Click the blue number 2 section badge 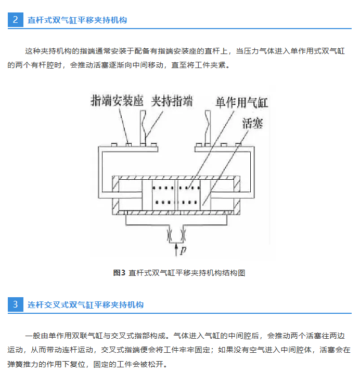16,20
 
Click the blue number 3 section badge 16,304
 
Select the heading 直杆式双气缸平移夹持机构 77,20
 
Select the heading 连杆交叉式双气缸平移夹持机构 85,305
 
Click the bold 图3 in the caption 120,273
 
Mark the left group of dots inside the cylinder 164,195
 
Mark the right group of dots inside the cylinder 189,195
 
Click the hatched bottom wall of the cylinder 176,213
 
